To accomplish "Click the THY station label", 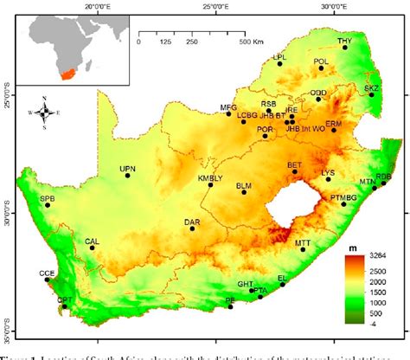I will pos(345,41).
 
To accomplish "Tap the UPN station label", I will pos(128,168).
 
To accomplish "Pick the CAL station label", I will pos(92,241).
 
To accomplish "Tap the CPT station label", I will pos(64,299).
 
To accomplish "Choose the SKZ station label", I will pos(371,88).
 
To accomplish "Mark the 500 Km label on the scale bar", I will pos(251,42).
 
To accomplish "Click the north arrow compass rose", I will pos(44,112).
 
